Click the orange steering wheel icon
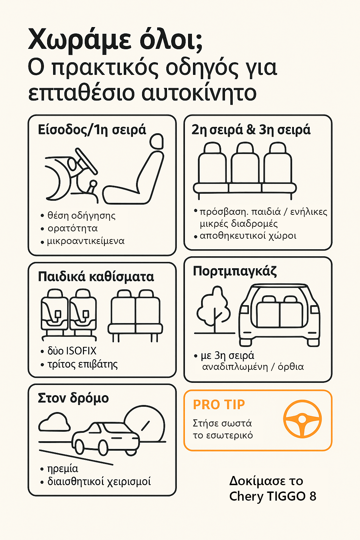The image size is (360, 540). pyautogui.click(x=302, y=419)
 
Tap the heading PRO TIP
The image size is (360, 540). pyautogui.click(x=219, y=405)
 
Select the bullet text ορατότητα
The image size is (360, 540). pyautogui.click(x=72, y=228)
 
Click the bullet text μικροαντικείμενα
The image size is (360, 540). pyautogui.click(x=86, y=241)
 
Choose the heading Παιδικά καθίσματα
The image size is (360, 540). pyautogui.click(x=96, y=277)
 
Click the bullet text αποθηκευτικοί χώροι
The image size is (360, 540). pyautogui.click(x=248, y=236)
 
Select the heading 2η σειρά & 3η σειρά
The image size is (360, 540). pyautogui.click(x=251, y=130)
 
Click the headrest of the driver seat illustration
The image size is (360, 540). pyautogui.click(x=156, y=141)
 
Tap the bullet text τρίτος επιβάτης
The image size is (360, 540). pyautogui.click(x=83, y=364)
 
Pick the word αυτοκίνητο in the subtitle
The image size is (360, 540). pyautogui.click(x=199, y=93)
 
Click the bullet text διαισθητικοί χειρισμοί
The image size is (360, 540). pyautogui.click(x=99, y=481)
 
